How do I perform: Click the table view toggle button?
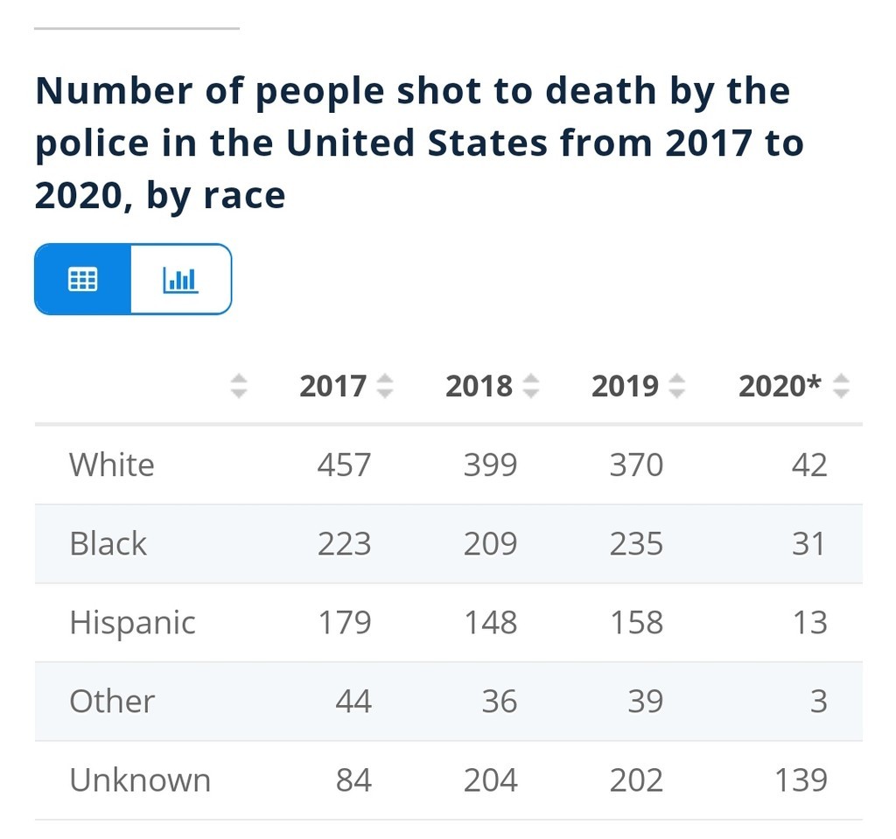pos(83,279)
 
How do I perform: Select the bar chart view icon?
pos(180,279)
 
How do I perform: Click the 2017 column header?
pos(332,386)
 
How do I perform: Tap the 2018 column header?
pos(479,386)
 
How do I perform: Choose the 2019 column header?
pos(625,386)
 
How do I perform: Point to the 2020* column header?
pos(780,386)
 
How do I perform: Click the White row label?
pos(112,465)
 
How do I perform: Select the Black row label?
pos(108,543)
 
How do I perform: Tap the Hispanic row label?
pos(132,622)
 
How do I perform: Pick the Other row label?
pos(112,701)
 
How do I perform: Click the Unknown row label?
pos(140,780)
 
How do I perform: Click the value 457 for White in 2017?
pos(344,465)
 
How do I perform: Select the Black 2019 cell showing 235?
pos(636,543)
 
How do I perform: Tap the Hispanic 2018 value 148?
pos(490,622)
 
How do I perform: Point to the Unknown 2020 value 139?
pos(801,780)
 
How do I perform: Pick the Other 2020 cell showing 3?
pos(818,701)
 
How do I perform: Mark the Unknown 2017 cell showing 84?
pos(353,780)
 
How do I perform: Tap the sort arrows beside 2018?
pos(530,386)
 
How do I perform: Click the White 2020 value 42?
pos(808,465)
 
